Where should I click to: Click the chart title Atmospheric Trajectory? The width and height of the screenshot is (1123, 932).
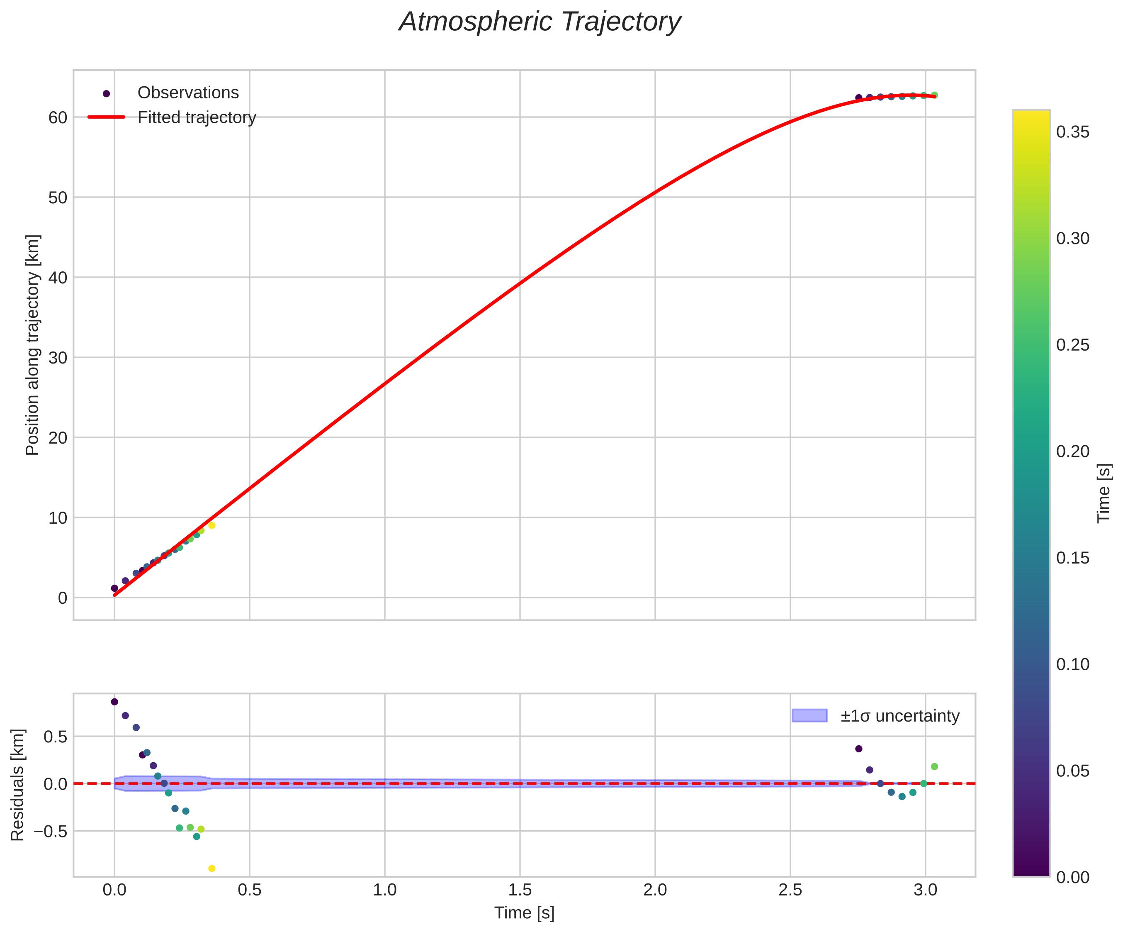pos(540,22)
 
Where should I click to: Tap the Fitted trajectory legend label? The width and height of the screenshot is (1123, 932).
pos(197,117)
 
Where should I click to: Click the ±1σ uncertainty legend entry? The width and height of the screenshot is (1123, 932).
pos(899,716)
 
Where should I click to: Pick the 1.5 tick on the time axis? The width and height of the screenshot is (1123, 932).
pos(520,890)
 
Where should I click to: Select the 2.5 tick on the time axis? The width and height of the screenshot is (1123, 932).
pos(790,890)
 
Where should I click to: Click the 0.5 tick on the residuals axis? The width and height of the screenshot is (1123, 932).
pos(55,737)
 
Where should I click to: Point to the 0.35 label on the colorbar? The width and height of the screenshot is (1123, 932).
pos(1073,132)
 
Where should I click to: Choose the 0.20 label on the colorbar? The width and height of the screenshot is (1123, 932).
pos(1073,451)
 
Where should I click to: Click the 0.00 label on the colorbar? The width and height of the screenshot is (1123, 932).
pos(1073,877)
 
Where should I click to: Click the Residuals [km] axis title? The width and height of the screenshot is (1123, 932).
pos(18,784)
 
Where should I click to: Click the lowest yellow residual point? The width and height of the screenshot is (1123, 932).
pos(212,869)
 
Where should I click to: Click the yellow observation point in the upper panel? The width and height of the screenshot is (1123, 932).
pos(212,525)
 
